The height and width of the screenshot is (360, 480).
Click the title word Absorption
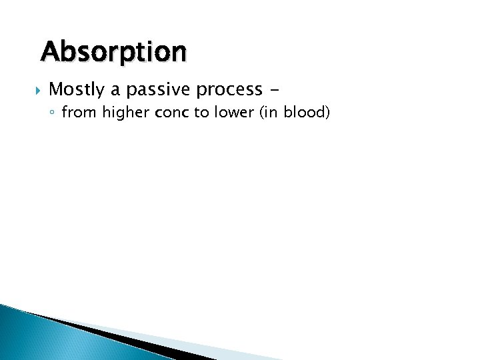tap(113, 51)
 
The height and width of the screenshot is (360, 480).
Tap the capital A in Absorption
tap(51, 51)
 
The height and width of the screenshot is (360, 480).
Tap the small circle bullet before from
tap(54, 114)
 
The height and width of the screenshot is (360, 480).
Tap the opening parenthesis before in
tap(259, 113)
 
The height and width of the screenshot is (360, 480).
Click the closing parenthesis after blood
tap(327, 113)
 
